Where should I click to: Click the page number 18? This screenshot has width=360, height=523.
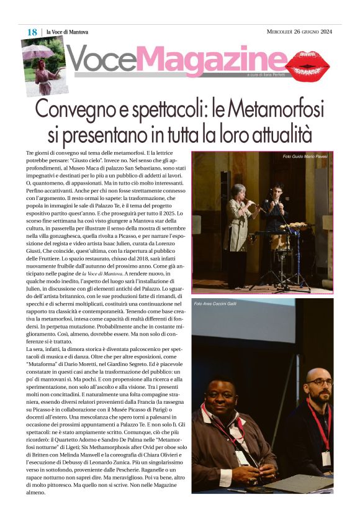32,32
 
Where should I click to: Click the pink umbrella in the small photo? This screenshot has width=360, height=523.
37,52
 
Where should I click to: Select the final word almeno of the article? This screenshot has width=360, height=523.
36,492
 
